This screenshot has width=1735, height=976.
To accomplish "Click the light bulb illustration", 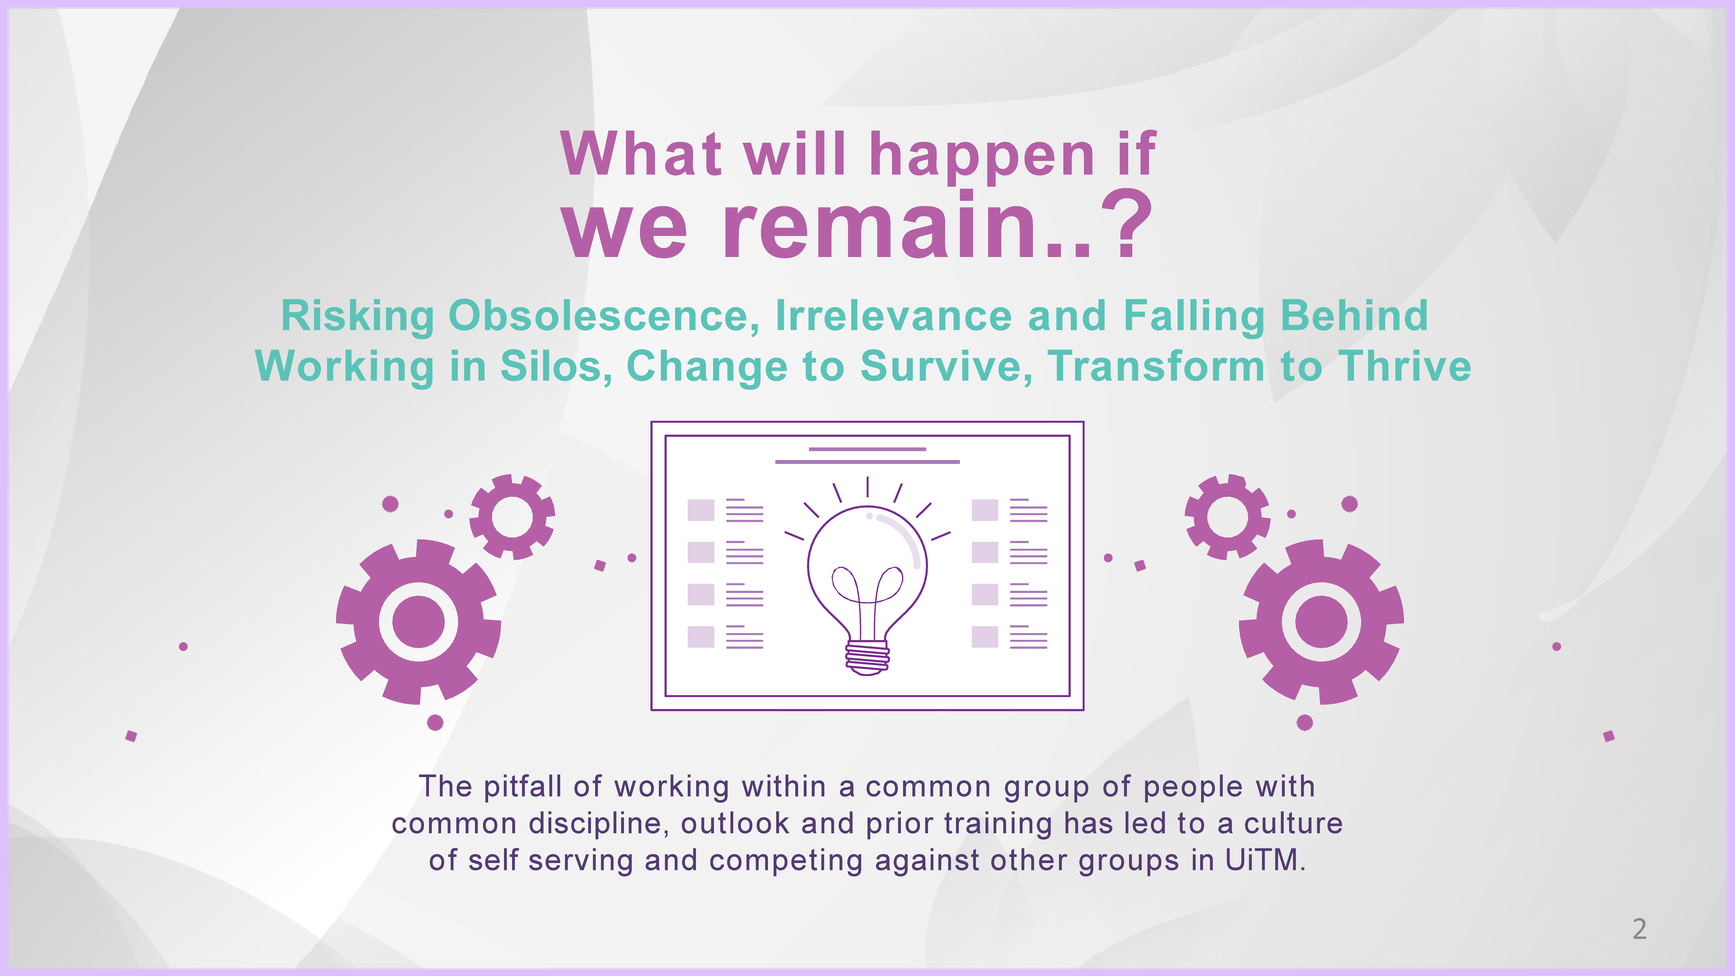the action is (x=867, y=576).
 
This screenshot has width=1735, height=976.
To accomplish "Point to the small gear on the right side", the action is (x=1228, y=517).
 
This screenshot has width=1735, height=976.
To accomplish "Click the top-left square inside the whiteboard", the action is (x=701, y=510).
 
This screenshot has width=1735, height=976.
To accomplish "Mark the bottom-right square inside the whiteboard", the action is (x=985, y=637).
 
